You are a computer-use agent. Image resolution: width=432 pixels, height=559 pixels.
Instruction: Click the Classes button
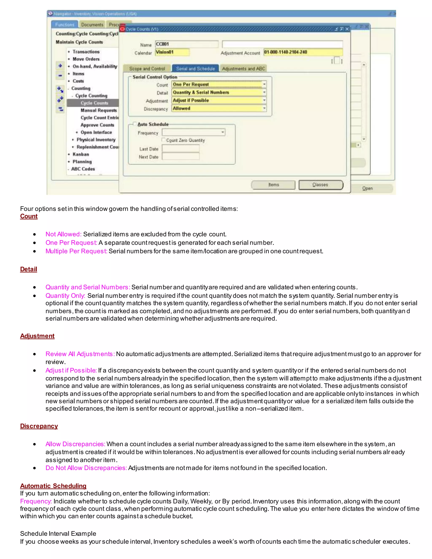pos(320,185)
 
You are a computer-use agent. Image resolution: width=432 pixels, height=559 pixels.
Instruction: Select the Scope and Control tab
pos(147,69)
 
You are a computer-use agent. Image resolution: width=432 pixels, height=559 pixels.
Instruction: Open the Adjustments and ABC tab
pos(243,69)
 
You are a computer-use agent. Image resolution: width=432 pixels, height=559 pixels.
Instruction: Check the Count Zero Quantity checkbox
pos(163,140)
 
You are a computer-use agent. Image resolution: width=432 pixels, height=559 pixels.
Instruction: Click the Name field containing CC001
pos(186,44)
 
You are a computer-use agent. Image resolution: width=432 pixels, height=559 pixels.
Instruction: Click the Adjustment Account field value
pos(303,52)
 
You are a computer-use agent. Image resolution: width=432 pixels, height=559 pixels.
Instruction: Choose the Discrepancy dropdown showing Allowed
pos(219,108)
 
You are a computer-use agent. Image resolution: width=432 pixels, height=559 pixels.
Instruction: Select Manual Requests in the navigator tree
pos(99,110)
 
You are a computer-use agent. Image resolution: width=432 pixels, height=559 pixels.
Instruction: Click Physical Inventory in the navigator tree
pos(96,140)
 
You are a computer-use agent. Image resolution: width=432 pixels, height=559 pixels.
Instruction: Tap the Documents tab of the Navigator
pos(92,24)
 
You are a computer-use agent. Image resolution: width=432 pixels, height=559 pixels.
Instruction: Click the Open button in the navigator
pos(367,188)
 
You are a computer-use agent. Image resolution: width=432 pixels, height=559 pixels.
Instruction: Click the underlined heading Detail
pos(29,269)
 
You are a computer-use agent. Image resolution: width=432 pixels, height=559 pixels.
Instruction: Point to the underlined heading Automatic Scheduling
pos(53,486)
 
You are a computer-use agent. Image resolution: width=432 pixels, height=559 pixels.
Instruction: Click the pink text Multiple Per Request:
pos(76,251)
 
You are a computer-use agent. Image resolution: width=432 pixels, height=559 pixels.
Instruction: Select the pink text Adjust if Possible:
pos(71,370)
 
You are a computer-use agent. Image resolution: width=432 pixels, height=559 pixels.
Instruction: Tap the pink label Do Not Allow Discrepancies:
pos(86,468)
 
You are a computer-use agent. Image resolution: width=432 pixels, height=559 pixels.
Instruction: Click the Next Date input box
pos(181,157)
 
